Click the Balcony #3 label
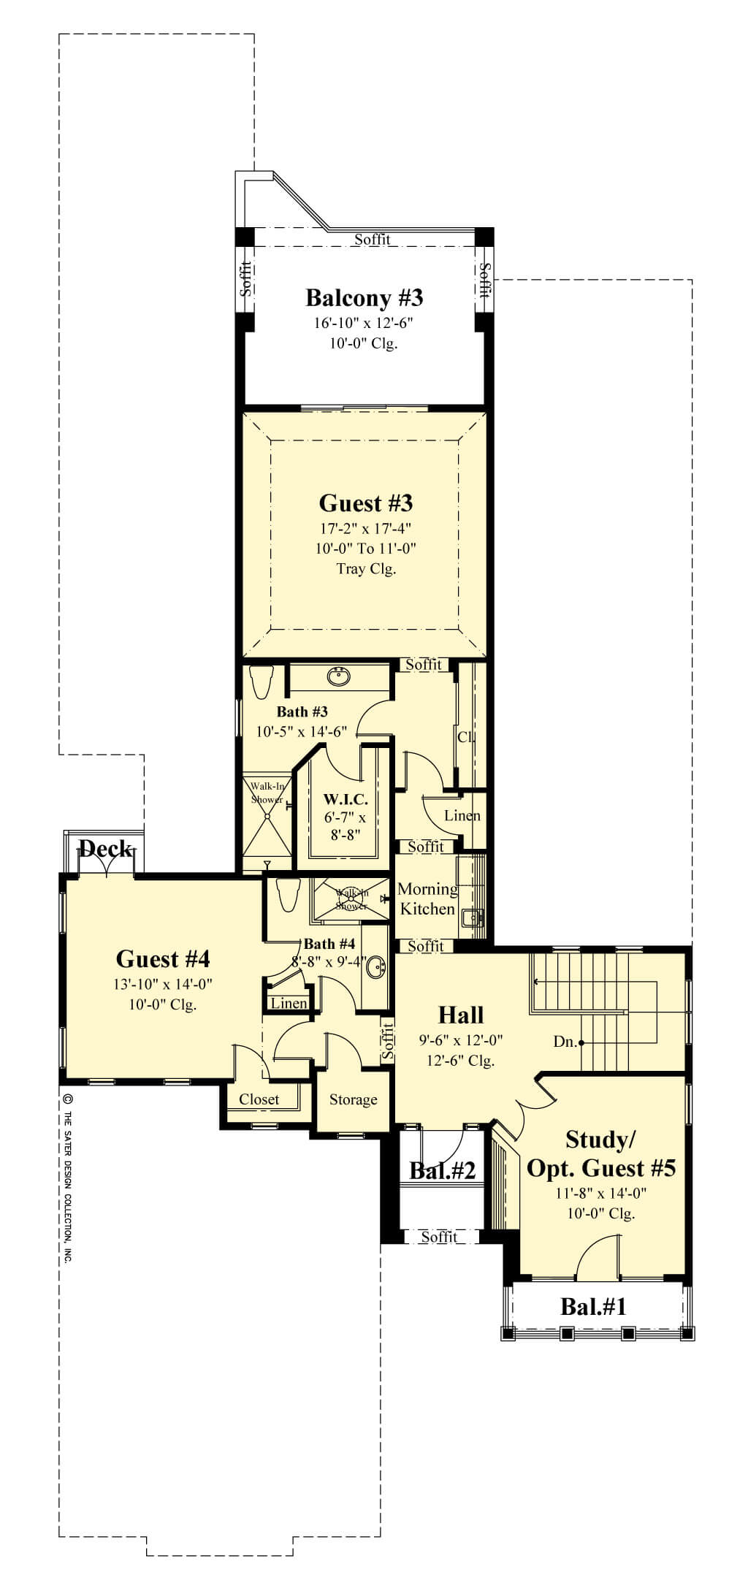point(364,298)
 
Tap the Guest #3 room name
point(366,503)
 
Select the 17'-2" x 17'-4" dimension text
point(366,528)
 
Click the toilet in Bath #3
point(261,682)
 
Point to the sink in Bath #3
point(337,676)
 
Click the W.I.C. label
point(346,801)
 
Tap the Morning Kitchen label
point(427,899)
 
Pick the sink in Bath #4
point(377,967)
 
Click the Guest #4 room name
point(163,958)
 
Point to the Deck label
point(106,849)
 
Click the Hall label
point(461,1015)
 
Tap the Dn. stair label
point(564,1042)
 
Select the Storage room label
point(353,1099)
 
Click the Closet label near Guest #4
point(259,1099)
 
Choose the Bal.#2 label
point(443,1171)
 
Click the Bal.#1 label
point(593,1305)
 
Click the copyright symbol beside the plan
point(67,1098)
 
